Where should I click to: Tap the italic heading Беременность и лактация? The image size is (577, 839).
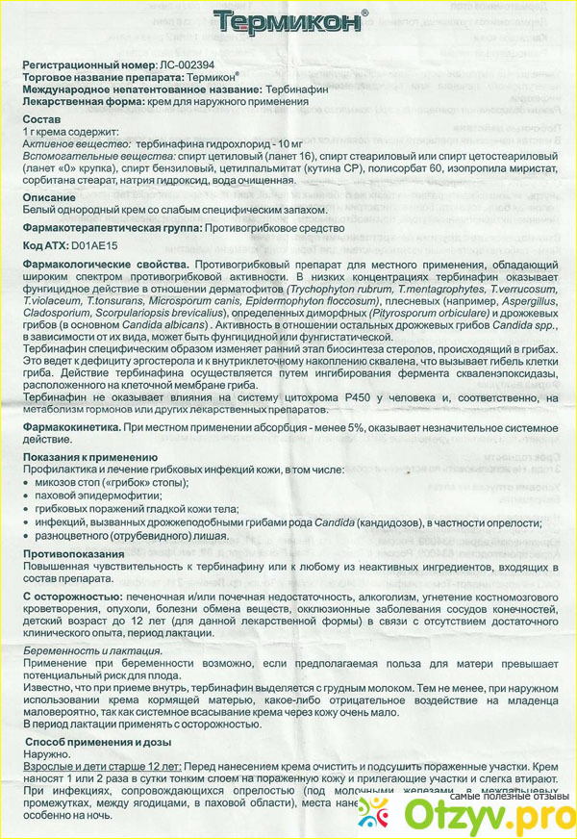coord(91,651)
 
